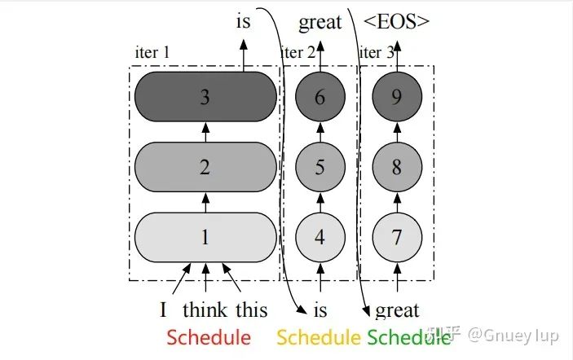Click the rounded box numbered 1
[x=205, y=238]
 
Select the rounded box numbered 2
[x=205, y=167]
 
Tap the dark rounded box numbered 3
[x=205, y=97]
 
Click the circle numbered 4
[x=320, y=238]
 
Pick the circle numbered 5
[x=320, y=167]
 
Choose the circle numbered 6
[x=320, y=97]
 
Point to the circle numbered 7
[x=397, y=238]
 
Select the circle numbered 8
[x=397, y=167]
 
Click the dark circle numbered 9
[x=397, y=97]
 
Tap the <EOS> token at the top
[x=396, y=22]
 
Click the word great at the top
[x=320, y=22]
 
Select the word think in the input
[x=205, y=310]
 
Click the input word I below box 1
[x=163, y=310]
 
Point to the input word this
[x=251, y=310]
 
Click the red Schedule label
[x=209, y=337]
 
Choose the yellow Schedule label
[x=319, y=337]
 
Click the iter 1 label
[x=152, y=53]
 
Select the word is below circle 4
[x=320, y=310]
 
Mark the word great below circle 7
[x=397, y=310]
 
